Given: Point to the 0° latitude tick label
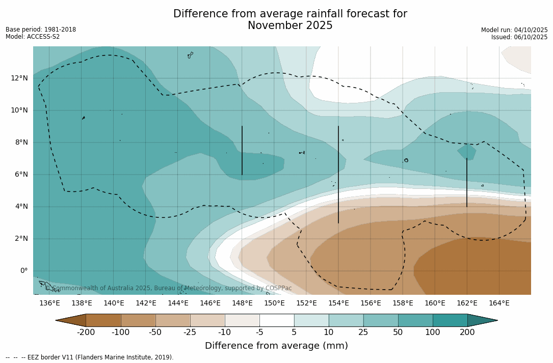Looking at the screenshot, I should [x=23, y=271].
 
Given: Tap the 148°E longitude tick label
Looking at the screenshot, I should [x=242, y=303].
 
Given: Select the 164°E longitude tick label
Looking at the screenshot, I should [x=499, y=303].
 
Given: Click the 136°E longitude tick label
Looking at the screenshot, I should [x=49, y=303].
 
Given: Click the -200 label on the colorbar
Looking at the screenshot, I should [x=86, y=332].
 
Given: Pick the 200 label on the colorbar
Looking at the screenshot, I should [x=467, y=332].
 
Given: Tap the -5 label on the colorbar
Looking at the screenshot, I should [x=259, y=332].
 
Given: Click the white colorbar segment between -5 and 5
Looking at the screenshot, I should [x=277, y=320].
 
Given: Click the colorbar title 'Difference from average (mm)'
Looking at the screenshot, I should [x=276, y=346].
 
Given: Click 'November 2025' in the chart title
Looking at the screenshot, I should [x=290, y=26].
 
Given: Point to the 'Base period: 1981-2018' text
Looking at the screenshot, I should [x=41, y=30].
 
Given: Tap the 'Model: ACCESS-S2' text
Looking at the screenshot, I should [x=33, y=37].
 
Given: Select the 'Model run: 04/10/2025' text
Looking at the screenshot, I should [x=514, y=30].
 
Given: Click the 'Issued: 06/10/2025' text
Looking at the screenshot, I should [x=519, y=37].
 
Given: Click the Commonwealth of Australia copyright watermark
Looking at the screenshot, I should [x=168, y=288].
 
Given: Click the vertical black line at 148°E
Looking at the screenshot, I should [x=242, y=150].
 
